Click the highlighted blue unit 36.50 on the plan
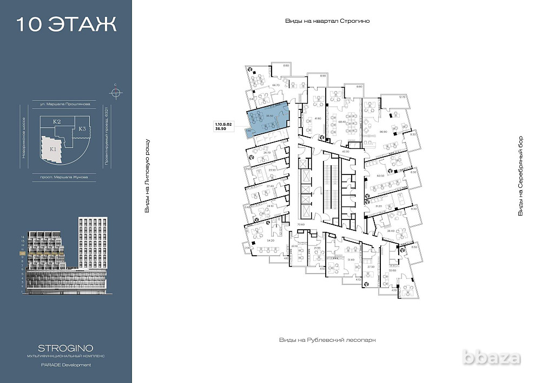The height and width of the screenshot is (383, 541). pos(267,121)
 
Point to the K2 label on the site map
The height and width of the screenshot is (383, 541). pos(56,122)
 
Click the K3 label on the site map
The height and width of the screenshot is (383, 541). pos(82,129)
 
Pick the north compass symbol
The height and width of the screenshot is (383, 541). pos(115,91)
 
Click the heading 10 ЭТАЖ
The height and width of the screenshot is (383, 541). pos(66,24)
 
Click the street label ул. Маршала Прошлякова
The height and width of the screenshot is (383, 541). pos(65,103)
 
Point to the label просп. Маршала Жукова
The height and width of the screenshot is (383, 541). pos(64,177)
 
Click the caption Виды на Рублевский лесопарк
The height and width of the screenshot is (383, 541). pos(327,340)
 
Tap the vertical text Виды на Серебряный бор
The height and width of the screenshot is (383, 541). pos(520,176)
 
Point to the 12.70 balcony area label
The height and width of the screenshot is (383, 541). pos(401,97)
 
